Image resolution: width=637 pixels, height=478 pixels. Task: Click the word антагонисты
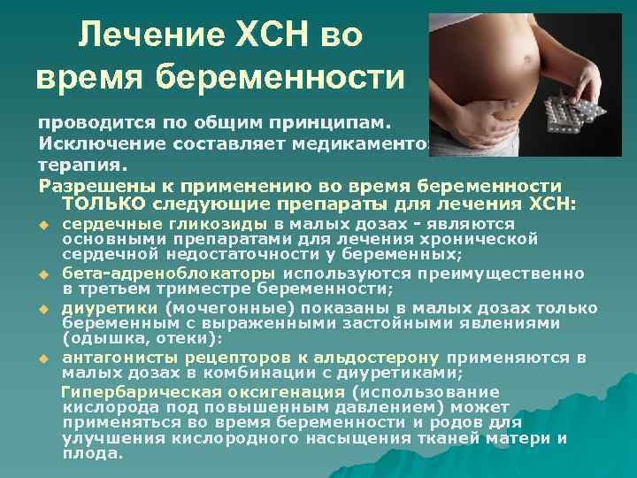pyautogui.click(x=112, y=358)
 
